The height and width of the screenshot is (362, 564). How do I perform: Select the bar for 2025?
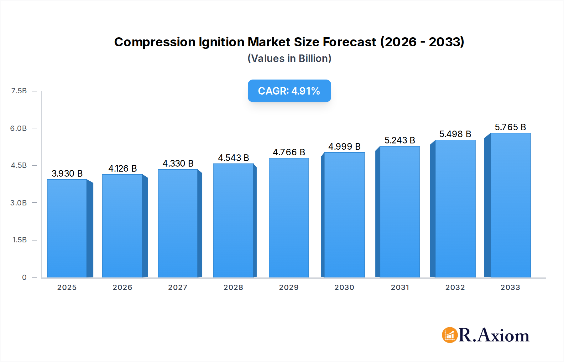[x=67, y=229]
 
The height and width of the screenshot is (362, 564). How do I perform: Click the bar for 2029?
[x=289, y=218]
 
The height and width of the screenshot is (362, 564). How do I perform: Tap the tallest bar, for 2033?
[x=510, y=205]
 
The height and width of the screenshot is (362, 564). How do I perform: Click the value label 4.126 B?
[x=123, y=168]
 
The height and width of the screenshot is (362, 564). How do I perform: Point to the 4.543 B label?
[x=233, y=158]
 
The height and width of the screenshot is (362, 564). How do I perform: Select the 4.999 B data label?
[x=344, y=147]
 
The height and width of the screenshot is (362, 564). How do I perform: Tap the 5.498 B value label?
[x=455, y=134]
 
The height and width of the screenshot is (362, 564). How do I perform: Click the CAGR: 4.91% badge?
[x=289, y=91]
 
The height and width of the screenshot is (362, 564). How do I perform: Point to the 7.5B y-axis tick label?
[x=19, y=91]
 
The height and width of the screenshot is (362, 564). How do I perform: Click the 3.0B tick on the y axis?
[x=18, y=203]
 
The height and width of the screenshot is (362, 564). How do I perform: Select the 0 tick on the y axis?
[x=24, y=277]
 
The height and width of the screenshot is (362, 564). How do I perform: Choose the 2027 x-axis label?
[x=178, y=287]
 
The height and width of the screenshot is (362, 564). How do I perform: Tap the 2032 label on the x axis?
[x=455, y=287]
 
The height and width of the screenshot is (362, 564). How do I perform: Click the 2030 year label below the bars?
[x=344, y=287]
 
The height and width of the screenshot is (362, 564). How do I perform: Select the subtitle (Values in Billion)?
[x=289, y=59]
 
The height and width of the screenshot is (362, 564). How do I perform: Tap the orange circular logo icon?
[x=450, y=335]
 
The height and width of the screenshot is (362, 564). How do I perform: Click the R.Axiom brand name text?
[x=494, y=335]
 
